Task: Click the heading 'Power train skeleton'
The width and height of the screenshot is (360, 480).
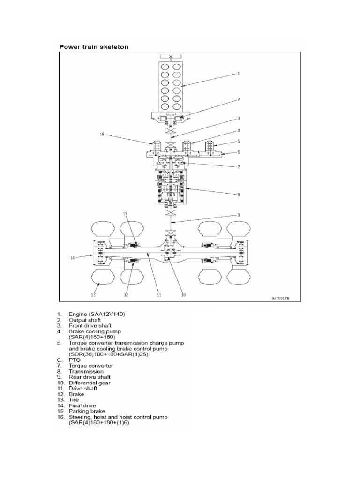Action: [93, 47]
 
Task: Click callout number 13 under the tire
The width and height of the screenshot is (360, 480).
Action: [94, 296]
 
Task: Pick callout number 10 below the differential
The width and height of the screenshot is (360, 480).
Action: [183, 296]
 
